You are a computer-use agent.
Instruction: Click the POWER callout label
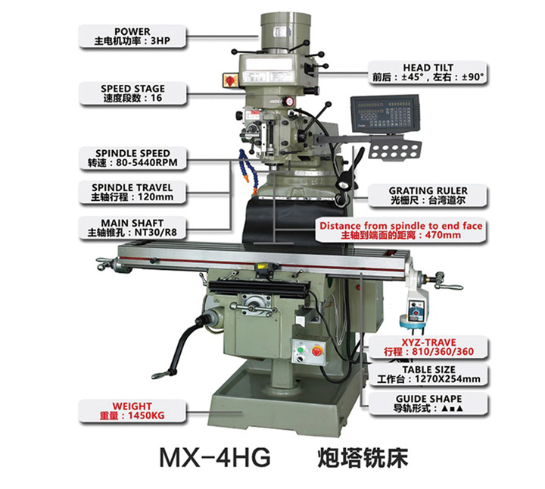point(132,36)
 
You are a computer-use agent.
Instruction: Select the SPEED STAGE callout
point(132,93)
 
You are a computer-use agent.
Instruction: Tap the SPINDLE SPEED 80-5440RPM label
point(132,158)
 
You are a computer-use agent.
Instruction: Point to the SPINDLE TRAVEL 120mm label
point(132,193)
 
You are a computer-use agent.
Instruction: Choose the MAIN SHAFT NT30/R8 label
point(132,227)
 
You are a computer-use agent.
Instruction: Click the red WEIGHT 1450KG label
point(132,411)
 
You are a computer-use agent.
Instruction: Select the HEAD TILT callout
point(428,72)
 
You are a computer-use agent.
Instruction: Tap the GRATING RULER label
point(428,196)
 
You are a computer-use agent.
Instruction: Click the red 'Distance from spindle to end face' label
point(400,230)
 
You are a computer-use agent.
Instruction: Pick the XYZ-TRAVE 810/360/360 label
point(428,347)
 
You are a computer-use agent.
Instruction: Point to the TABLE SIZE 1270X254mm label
point(428,375)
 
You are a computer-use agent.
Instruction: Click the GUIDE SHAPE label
point(428,404)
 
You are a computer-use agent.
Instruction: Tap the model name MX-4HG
point(215,458)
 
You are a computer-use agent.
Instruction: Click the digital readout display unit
point(386,114)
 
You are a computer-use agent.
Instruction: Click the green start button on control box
point(300,349)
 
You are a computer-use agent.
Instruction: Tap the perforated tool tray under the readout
point(395,149)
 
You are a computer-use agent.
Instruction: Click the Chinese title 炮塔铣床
point(363,458)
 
